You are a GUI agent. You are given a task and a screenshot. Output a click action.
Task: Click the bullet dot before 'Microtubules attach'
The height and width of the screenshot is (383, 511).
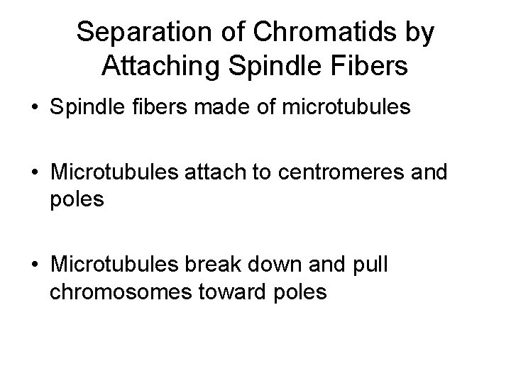(x=34, y=174)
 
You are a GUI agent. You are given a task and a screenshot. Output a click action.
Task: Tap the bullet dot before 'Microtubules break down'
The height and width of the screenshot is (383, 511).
(x=34, y=267)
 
